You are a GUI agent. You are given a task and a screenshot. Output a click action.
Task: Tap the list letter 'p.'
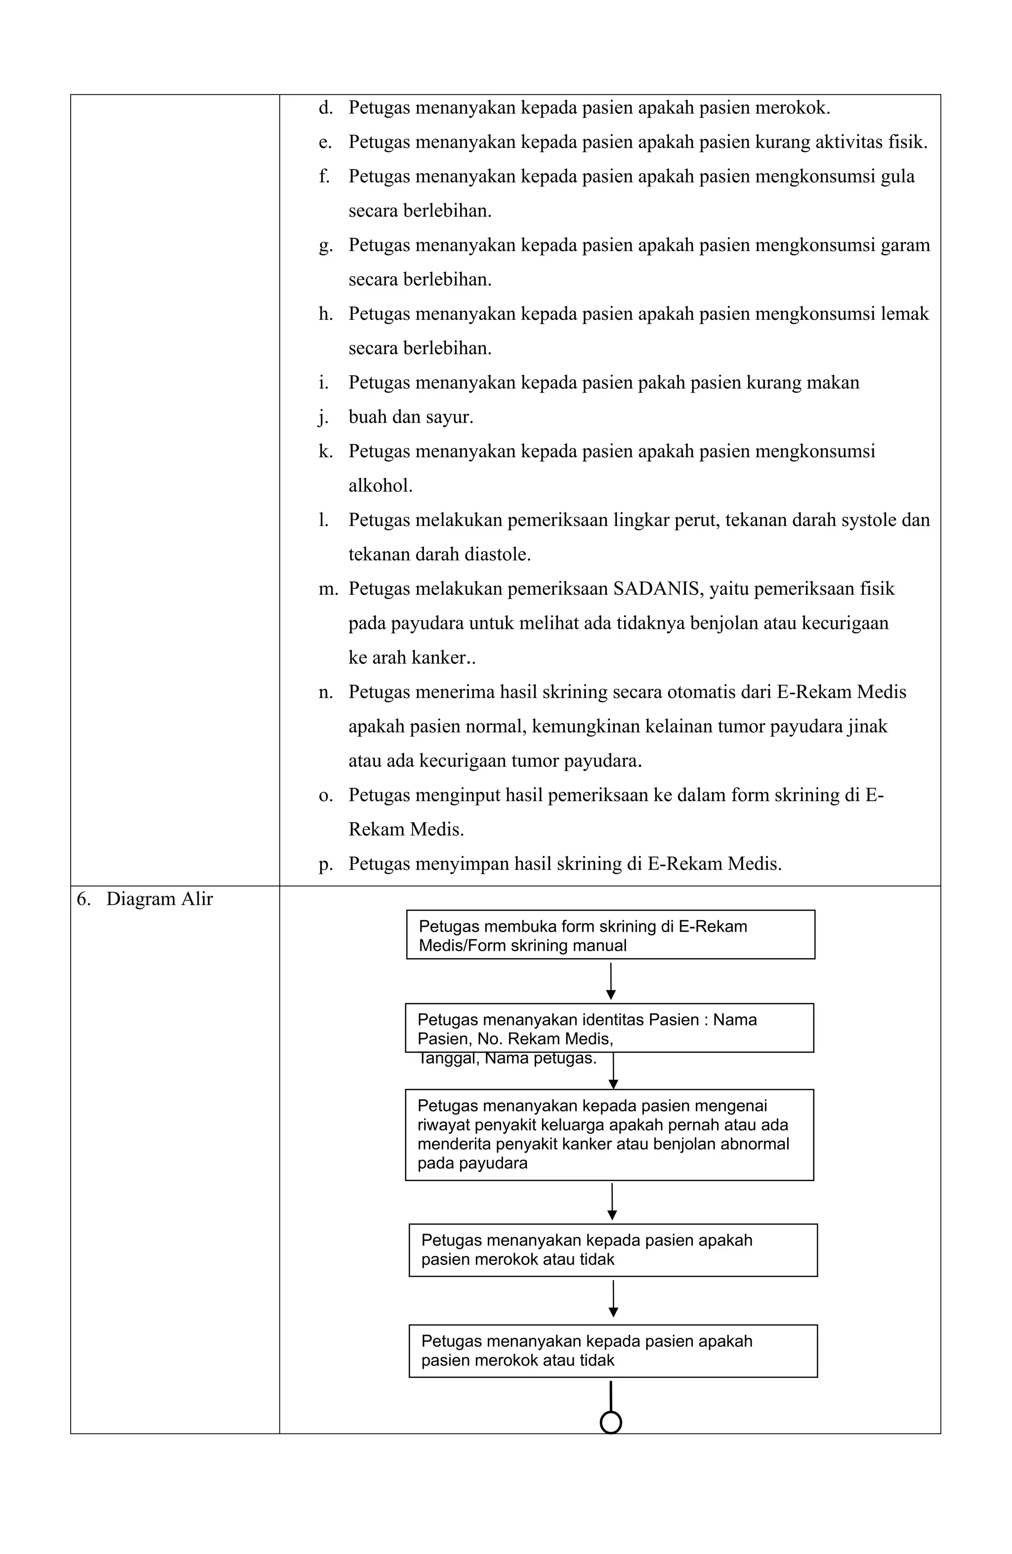tap(325, 864)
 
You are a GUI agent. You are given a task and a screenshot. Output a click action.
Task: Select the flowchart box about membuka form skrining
tap(610, 934)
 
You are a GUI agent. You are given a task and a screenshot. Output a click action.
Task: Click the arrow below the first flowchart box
tap(611, 981)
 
